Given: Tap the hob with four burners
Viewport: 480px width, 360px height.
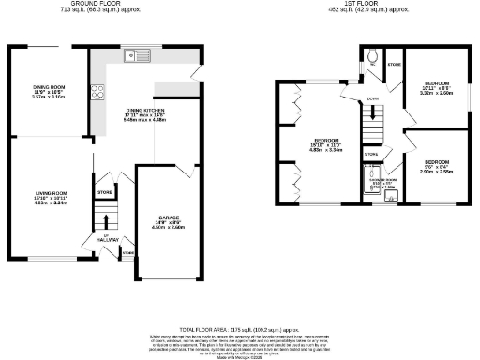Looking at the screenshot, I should pyautogui.click(x=97, y=92).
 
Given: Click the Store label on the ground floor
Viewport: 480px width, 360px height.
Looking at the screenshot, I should pyautogui.click(x=105, y=192).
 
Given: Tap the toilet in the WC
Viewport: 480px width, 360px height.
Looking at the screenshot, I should pyautogui.click(x=373, y=55).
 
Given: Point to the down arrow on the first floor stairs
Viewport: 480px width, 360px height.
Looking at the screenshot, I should pyautogui.click(x=373, y=97).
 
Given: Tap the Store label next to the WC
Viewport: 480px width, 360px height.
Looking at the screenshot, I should pyautogui.click(x=394, y=66).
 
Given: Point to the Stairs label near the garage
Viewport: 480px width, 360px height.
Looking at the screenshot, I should pyautogui.click(x=127, y=253).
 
